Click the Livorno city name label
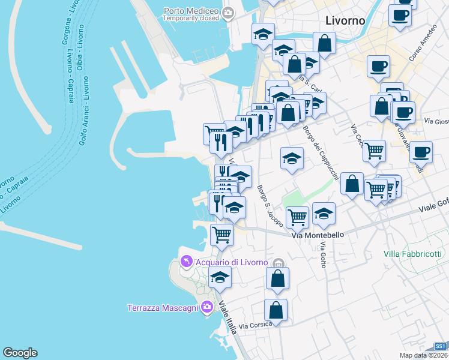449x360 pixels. (345, 20)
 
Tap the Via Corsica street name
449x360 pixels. (255, 326)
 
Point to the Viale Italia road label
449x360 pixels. (228, 318)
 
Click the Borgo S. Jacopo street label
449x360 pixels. (270, 206)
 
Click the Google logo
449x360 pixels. (20, 353)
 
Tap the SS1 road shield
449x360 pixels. (441, 347)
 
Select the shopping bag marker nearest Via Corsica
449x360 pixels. (276, 310)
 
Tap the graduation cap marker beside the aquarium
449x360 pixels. (220, 277)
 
